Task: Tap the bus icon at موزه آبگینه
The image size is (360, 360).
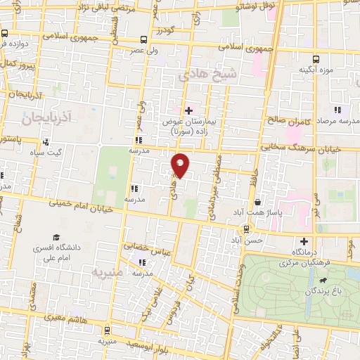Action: (316, 59)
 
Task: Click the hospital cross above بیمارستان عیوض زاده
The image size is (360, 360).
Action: (188, 110)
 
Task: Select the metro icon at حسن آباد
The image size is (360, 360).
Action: (246, 229)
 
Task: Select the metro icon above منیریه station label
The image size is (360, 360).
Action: (106, 330)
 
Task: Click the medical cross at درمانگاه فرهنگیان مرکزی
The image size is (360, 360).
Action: (304, 240)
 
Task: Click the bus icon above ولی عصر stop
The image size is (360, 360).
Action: (144, 39)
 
